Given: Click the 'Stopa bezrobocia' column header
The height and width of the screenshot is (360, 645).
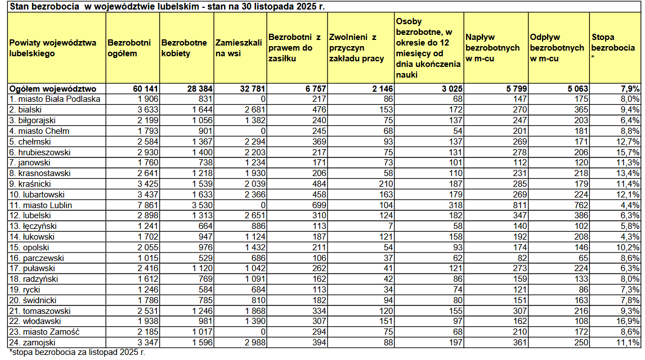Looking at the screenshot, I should point(615,48).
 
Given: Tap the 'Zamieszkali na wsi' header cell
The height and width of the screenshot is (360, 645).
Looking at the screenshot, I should point(239,48).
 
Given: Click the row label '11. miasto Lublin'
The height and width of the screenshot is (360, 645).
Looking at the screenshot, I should point(41,205).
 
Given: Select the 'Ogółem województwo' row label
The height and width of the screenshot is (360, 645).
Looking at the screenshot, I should point(53,89).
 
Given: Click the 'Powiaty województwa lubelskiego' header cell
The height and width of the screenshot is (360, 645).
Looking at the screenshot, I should point(53,48).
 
